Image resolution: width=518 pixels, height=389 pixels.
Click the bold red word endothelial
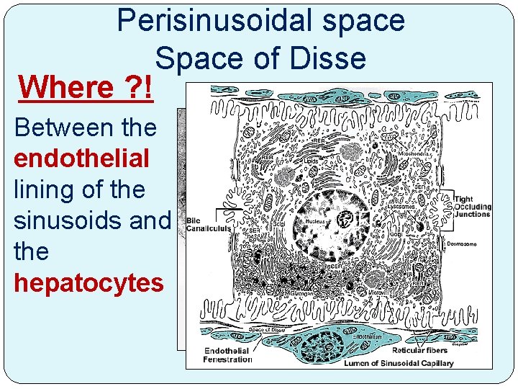81,158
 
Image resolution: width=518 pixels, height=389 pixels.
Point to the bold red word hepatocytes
88,283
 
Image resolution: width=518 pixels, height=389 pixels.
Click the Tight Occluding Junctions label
473,207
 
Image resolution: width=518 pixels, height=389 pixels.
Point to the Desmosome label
461,244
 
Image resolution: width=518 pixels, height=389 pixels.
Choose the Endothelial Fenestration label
227,355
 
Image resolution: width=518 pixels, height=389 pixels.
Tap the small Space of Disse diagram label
266,329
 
